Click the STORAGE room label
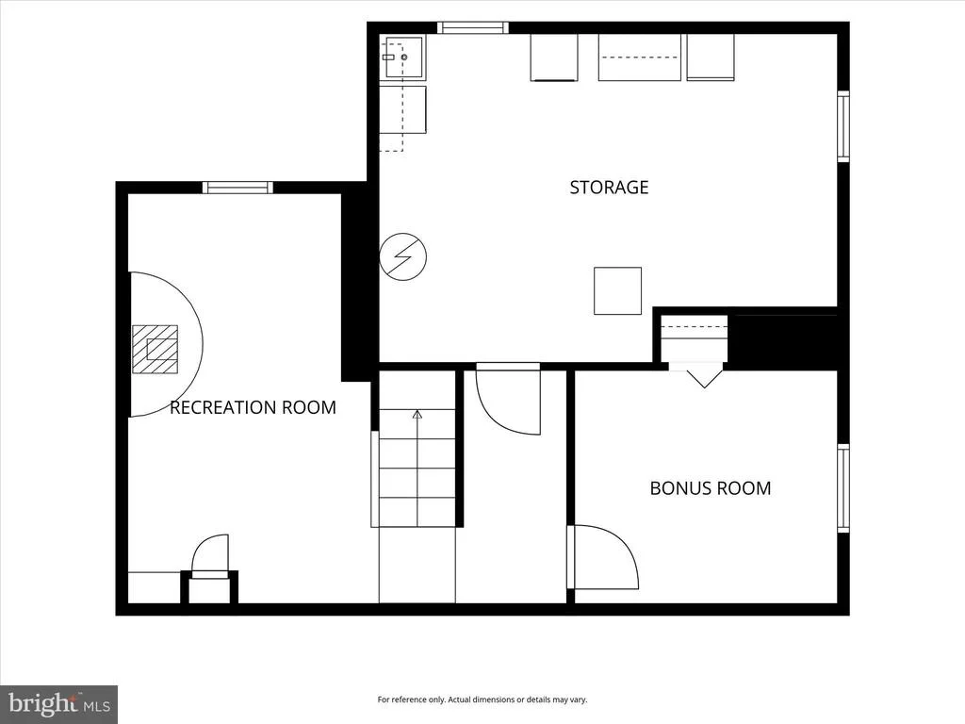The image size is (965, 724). tap(609, 188)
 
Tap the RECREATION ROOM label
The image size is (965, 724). tap(253, 407)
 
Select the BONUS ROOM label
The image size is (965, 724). tap(711, 488)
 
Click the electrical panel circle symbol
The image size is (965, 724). tap(403, 256)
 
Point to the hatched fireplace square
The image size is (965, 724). tap(155, 349)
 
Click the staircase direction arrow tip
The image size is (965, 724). tap(417, 411)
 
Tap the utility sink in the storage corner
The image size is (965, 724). tap(404, 58)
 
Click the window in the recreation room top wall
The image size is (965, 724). tap(237, 188)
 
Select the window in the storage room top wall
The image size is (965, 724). tap(473, 27)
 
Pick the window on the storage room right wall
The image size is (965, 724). tap(843, 126)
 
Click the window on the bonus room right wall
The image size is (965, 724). tap(843, 487)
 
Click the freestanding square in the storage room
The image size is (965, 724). tap(617, 290)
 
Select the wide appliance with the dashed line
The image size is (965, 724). tap(640, 58)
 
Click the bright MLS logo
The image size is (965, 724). tap(59, 704)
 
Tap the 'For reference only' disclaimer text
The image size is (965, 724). tap(482, 699)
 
